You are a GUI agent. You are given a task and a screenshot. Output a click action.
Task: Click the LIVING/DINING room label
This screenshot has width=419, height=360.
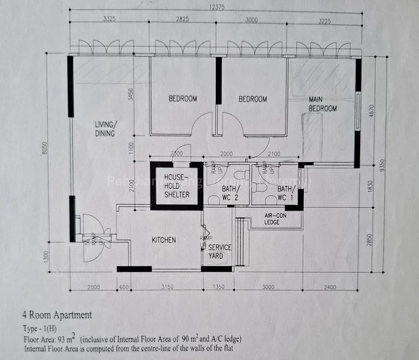click(105, 129)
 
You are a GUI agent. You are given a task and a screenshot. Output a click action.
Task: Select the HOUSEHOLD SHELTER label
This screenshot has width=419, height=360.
click(177, 186)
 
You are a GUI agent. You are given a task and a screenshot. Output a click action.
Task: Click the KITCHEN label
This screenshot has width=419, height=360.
click(164, 240)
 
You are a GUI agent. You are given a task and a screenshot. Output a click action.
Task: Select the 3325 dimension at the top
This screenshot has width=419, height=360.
click(109, 20)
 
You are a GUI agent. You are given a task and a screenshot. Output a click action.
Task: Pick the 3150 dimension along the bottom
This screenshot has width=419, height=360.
click(167, 287)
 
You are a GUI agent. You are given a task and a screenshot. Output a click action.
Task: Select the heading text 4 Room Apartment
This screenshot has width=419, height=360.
click(57, 314)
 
